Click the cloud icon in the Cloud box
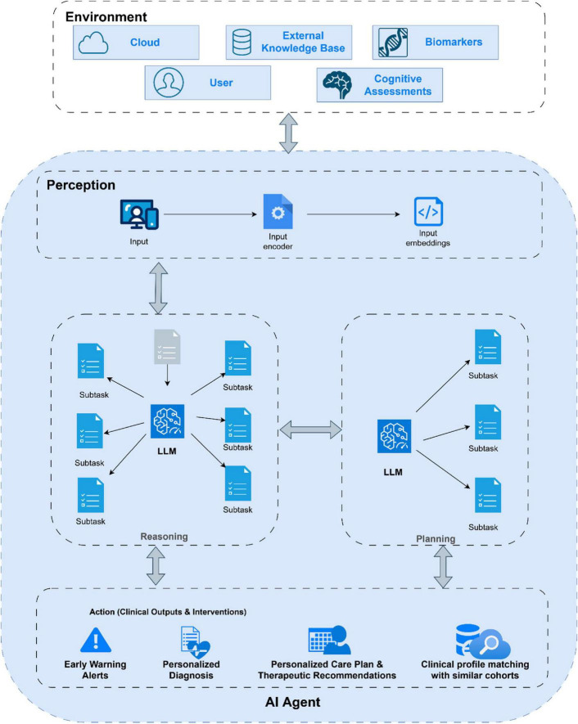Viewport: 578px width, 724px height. pos(93,43)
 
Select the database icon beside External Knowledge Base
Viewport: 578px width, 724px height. pos(242,43)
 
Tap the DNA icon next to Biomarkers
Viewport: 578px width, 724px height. pos(393,43)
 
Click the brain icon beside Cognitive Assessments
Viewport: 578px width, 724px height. pos(337,85)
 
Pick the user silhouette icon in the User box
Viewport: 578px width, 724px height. pos(168,83)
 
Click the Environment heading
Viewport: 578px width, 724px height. pos(106,17)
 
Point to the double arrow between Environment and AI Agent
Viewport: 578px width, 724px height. pos(288,133)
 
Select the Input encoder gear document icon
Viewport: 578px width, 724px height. pos(278,212)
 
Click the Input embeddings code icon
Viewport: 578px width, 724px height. pos(428,212)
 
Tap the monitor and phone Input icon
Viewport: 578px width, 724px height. pos(139,214)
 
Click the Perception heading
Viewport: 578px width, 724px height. pos(81,185)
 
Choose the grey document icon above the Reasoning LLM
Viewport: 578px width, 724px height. pos(167,346)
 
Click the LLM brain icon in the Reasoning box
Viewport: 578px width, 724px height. pos(167,421)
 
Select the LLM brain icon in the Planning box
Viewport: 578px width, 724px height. pos(394,436)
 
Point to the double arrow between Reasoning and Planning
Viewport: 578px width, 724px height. pos(310,429)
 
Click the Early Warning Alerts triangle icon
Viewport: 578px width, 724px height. pos(96,640)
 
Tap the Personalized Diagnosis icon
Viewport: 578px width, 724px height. pos(195,642)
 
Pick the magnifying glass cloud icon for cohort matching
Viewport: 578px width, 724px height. pos(482,641)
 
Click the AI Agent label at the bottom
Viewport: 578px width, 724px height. pos(292,702)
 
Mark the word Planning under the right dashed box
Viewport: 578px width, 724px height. pos(436,539)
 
